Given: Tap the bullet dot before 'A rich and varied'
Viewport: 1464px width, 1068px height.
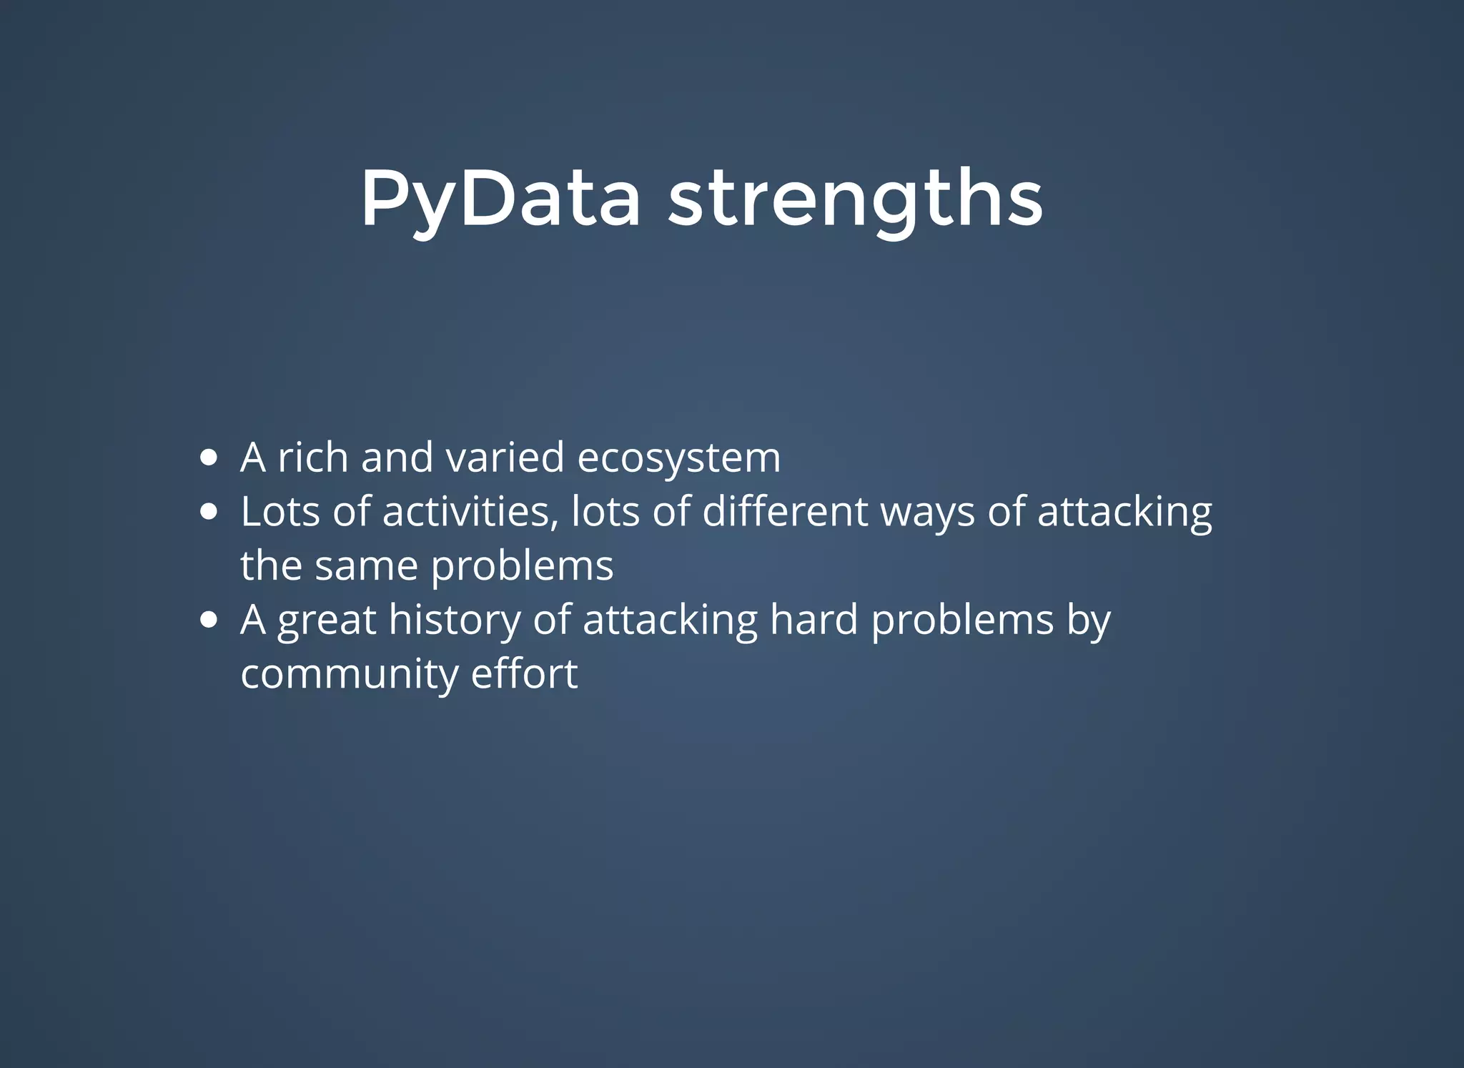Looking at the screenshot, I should click(209, 458).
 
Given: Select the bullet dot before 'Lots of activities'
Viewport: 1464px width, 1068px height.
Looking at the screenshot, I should click(209, 512).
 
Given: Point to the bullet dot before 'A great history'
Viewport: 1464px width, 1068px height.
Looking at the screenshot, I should click(209, 620).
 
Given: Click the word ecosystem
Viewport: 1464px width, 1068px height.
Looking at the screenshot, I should click(678, 458).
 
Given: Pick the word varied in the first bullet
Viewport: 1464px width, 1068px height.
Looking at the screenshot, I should click(505, 458).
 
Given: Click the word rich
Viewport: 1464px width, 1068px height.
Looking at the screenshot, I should click(312, 458).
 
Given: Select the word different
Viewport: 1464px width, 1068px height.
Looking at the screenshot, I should click(785, 512).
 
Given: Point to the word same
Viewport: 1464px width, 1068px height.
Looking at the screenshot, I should click(366, 566).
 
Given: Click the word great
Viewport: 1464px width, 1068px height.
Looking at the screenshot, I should click(326, 620).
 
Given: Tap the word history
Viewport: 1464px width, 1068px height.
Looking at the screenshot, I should click(455, 620).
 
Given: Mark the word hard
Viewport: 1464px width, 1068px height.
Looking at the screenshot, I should click(813, 619).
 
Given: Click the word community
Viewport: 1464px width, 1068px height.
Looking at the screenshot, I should click(349, 675).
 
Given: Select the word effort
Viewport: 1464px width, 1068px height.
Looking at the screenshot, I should click(524, 673).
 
